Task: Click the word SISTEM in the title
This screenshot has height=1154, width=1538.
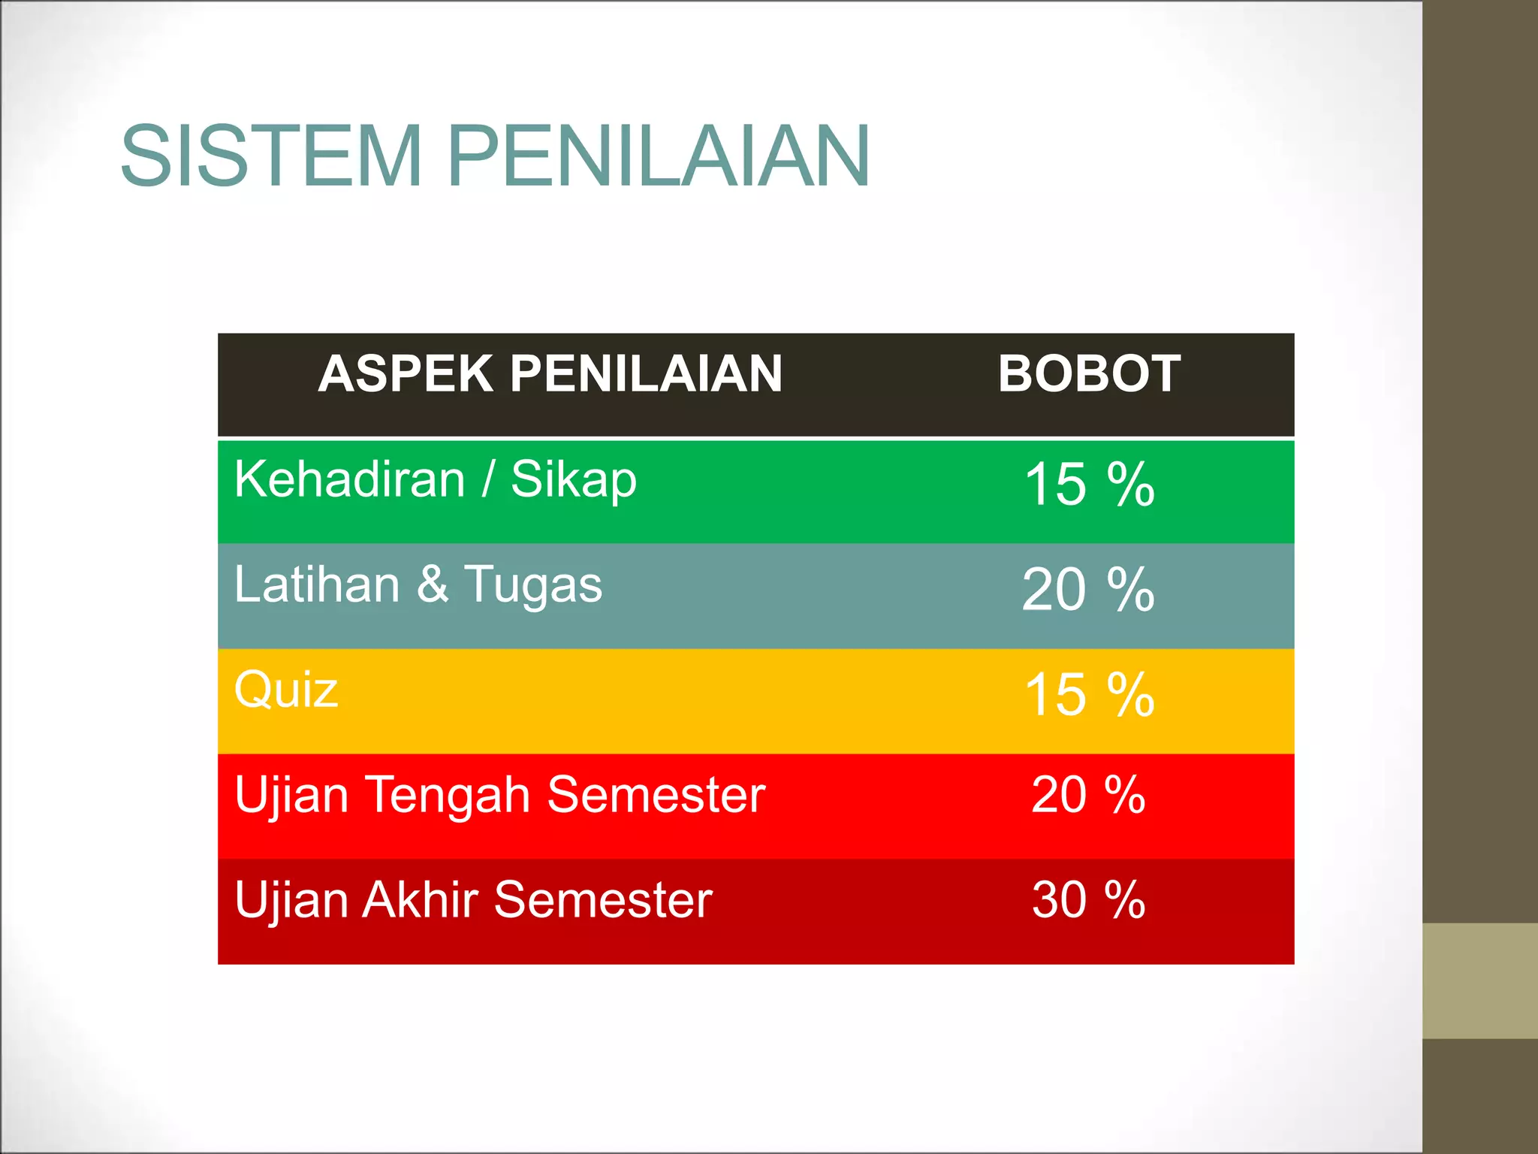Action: tap(271, 156)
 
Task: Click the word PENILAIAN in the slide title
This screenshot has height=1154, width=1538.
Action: tap(659, 156)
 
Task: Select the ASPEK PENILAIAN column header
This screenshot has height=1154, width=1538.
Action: tap(550, 373)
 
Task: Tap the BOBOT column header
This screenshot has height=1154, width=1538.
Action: tap(1089, 373)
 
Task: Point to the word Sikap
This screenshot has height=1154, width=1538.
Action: tap(574, 481)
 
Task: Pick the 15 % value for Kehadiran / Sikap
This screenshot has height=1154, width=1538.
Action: tap(1089, 485)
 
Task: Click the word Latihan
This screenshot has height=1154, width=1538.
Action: tap(316, 585)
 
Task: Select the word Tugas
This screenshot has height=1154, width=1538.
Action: tap(533, 586)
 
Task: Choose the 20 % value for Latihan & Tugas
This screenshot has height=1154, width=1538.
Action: tap(1089, 590)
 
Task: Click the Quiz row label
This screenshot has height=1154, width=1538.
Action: tap(286, 690)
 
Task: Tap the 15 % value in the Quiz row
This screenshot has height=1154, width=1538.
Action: tap(1089, 695)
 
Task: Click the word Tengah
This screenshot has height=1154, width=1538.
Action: tap(448, 796)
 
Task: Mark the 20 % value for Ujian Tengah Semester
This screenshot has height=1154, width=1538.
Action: tap(1089, 795)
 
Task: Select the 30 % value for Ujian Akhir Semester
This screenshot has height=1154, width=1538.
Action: tap(1089, 900)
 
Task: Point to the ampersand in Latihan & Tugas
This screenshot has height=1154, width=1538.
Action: tap(433, 585)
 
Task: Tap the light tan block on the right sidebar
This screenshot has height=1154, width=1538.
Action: tap(1480, 980)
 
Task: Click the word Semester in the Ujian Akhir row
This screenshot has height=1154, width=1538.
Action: tap(603, 900)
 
